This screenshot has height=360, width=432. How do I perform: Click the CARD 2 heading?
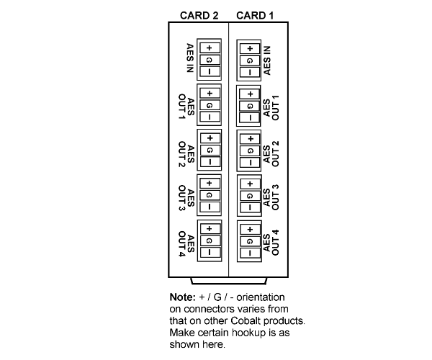(199, 15)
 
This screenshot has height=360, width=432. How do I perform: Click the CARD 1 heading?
(255, 15)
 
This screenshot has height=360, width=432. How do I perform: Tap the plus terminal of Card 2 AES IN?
(210, 48)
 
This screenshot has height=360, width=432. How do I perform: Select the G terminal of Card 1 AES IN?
(250, 60)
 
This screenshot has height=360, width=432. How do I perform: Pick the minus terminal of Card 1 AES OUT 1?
(250, 117)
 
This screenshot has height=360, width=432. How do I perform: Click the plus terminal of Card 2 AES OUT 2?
(210, 138)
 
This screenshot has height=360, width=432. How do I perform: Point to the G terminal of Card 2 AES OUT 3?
(210, 195)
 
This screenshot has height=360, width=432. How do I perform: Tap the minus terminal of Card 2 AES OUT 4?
(210, 252)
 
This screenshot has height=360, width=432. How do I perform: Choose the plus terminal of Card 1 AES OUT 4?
(250, 229)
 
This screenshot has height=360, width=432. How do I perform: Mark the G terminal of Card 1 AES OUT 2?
(250, 150)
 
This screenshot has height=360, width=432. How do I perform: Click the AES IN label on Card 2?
(190, 58)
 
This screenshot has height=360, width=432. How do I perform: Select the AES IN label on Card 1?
(267, 60)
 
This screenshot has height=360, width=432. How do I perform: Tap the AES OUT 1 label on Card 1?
(271, 108)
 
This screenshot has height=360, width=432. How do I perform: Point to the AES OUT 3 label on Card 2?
(186, 198)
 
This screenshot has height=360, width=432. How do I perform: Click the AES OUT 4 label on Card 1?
(271, 243)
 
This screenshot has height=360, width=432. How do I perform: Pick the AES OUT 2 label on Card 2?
(186, 154)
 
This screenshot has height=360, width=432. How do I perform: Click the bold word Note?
(183, 297)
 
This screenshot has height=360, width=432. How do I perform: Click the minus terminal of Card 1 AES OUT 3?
(250, 207)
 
